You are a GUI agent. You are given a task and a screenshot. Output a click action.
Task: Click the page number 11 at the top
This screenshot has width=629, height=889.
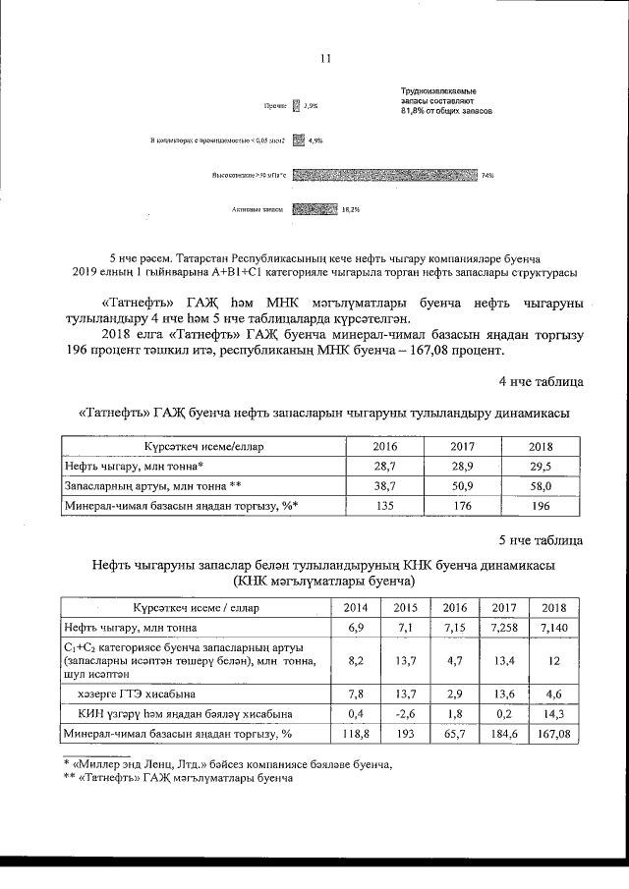point(325,58)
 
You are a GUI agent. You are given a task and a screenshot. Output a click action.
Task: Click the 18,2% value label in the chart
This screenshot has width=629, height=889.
point(351,208)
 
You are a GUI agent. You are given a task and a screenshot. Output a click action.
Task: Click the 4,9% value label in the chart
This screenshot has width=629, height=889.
point(315,140)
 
